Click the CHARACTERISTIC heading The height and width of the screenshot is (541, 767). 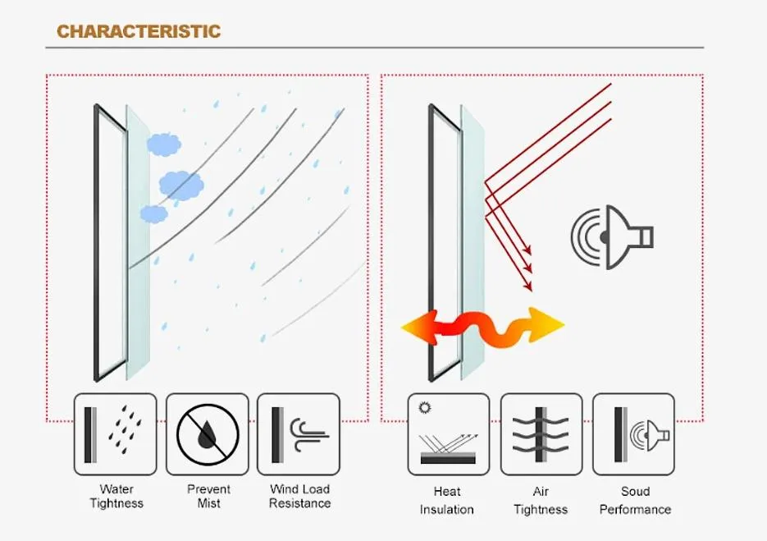(139, 31)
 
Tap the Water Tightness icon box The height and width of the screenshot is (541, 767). (116, 434)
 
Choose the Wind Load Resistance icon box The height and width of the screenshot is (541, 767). (299, 434)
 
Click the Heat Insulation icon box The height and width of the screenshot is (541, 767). (449, 434)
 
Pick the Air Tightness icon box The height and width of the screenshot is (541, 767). (541, 434)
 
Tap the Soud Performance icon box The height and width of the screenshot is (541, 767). (633, 434)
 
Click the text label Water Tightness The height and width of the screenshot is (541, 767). (116, 496)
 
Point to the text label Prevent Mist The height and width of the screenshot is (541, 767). (209, 496)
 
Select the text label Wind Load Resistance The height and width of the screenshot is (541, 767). (300, 496)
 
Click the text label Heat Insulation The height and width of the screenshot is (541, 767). (446, 501)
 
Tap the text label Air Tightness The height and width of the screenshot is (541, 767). (541, 501)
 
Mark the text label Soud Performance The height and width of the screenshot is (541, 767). (636, 501)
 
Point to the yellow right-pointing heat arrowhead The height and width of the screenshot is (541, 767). (546, 325)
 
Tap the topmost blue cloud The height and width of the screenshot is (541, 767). (164, 144)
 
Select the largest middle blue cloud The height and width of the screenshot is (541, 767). (181, 186)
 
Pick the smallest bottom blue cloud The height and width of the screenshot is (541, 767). (154, 214)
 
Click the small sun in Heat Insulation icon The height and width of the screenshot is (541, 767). (425, 407)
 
